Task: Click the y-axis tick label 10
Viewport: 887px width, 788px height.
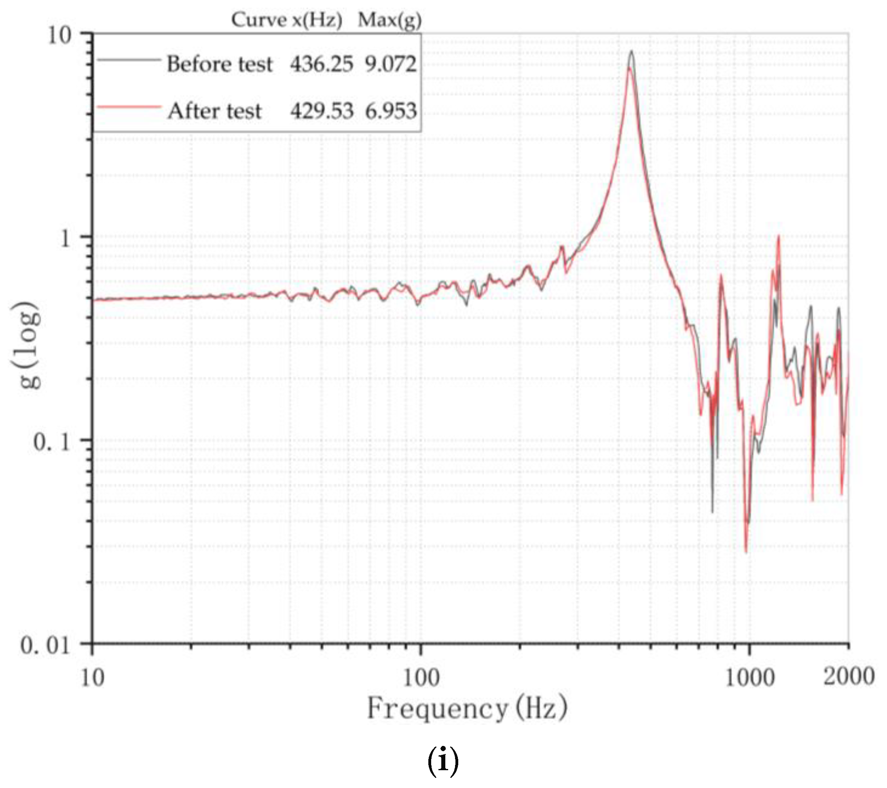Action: click(x=59, y=36)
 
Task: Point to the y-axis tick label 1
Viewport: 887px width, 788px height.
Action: click(x=65, y=238)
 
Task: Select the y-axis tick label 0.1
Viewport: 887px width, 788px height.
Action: click(x=52, y=442)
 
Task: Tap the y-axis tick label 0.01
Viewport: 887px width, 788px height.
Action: click(x=45, y=646)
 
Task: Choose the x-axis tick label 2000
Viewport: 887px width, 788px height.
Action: click(x=849, y=676)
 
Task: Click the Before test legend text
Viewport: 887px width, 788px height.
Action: click(x=220, y=64)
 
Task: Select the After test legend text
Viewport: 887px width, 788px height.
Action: click(x=215, y=111)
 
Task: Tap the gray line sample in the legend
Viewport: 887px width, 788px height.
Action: click(x=129, y=60)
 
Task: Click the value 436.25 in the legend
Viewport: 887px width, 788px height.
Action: click(x=322, y=64)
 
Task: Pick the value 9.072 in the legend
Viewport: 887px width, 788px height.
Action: click(x=391, y=64)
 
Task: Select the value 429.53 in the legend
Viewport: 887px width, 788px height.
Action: click(x=322, y=111)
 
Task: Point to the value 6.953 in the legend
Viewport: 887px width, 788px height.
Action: click(x=391, y=111)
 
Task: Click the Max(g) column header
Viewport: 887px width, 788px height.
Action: click(x=390, y=20)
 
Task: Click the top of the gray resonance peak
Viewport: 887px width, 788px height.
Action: click(x=631, y=52)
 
